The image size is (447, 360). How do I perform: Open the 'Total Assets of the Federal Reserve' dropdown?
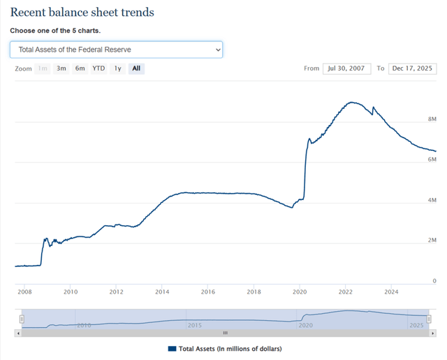[116, 50]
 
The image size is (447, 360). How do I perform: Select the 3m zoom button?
[61, 69]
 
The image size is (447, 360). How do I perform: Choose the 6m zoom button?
[80, 69]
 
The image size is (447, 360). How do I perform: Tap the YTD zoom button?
[98, 69]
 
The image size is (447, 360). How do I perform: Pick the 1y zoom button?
[118, 69]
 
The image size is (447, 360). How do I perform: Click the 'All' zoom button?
[136, 69]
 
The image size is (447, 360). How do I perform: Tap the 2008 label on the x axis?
[24, 291]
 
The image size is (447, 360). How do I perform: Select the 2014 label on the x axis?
[162, 291]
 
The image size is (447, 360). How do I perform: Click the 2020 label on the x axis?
[300, 291]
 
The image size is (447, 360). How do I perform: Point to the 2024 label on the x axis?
[391, 291]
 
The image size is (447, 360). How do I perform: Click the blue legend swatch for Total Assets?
[172, 348]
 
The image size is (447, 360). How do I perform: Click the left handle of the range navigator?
[21, 319]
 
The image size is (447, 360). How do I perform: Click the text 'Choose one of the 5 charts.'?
[55, 31]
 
